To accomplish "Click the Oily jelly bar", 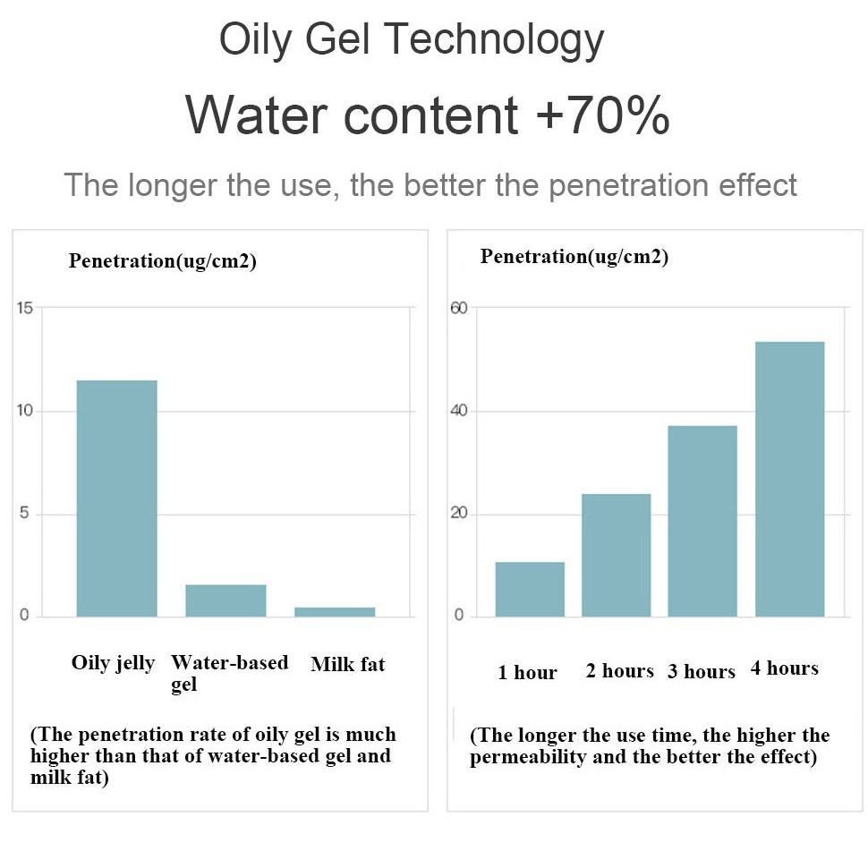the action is click(x=117, y=498).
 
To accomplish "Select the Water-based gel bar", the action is click(x=226, y=600).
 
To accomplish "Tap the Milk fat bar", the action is click(x=335, y=612).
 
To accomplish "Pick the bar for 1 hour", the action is click(x=530, y=589).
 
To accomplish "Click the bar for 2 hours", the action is click(x=617, y=555).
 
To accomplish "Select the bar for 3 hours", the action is click(x=702, y=521).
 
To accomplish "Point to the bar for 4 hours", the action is click(x=790, y=479).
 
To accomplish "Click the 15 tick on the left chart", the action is click(x=25, y=308).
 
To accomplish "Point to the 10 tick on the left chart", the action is click(x=25, y=410).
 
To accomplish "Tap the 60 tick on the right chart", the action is click(x=459, y=308).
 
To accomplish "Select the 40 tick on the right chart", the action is click(x=459, y=410).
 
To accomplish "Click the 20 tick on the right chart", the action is click(x=459, y=513).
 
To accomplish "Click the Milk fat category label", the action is click(x=347, y=664).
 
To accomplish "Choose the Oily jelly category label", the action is click(x=113, y=663).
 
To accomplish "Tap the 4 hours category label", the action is click(x=785, y=668).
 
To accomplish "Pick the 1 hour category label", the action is click(x=527, y=672).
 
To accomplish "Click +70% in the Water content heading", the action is click(x=603, y=115).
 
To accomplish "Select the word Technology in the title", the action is click(x=494, y=40).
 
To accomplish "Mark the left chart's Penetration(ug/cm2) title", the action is click(x=163, y=260).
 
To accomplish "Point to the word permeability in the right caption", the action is click(x=528, y=757).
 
